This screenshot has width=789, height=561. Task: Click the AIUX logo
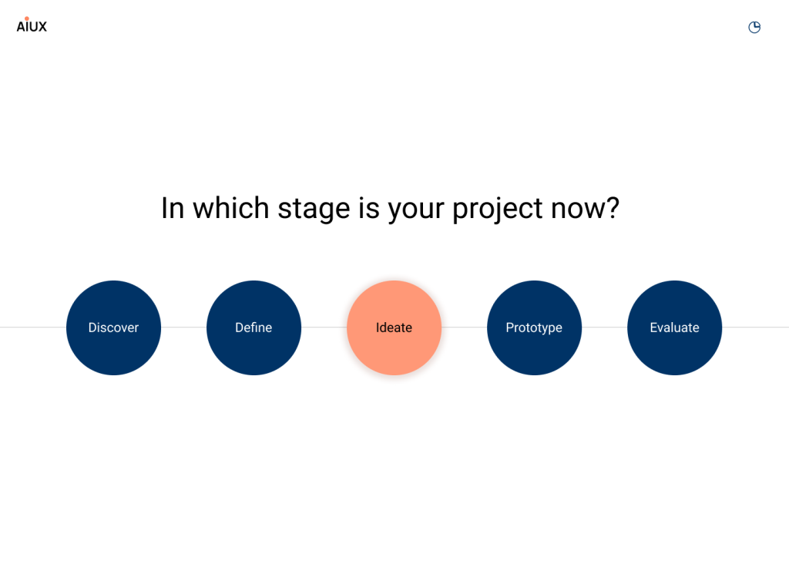(32, 25)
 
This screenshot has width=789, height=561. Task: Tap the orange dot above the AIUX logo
(27, 18)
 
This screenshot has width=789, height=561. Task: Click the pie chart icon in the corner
(754, 27)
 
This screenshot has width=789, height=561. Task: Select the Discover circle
(114, 328)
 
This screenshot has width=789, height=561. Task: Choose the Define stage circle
(253, 328)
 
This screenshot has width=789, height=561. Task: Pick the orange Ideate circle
(394, 328)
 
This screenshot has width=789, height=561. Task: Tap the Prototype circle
(535, 328)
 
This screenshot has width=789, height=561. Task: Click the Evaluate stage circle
(674, 328)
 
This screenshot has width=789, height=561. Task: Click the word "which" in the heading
(231, 207)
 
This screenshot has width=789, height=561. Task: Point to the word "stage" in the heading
(314, 210)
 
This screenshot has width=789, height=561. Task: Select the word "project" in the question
(498, 210)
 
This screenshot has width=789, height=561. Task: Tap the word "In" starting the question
(173, 208)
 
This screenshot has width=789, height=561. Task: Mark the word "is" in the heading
(368, 208)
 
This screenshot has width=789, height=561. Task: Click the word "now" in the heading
(578, 210)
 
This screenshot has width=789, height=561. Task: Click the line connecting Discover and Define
(183, 327)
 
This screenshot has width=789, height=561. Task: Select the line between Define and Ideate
(324, 327)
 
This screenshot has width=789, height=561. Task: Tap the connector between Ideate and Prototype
(464, 327)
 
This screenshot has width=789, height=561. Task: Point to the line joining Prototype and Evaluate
(604, 327)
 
